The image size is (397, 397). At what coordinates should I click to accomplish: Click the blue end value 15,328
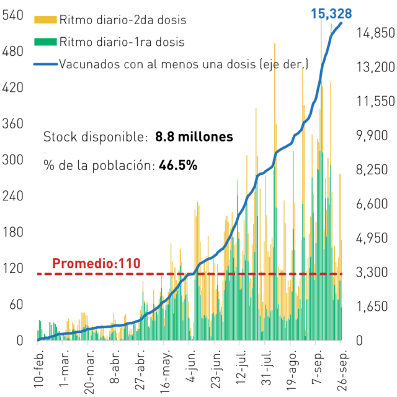click(331, 14)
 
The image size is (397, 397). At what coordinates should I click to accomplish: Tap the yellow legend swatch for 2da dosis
click(45, 20)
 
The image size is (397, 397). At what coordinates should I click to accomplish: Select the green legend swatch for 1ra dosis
click(45, 42)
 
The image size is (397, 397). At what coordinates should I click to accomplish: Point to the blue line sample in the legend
click(45, 64)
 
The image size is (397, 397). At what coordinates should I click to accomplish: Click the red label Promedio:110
click(96, 263)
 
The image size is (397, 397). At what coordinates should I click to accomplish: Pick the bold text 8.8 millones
click(194, 136)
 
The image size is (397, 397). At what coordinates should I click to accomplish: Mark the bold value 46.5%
click(178, 166)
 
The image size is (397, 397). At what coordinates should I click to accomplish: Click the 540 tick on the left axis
click(12, 15)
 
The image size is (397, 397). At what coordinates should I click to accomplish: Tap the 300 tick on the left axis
click(12, 160)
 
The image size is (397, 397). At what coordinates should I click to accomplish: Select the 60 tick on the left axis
click(16, 305)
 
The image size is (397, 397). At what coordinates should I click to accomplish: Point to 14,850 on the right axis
click(375, 33)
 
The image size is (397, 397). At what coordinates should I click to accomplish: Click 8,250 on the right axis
click(372, 169)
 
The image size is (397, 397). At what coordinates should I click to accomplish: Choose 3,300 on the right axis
click(372, 272)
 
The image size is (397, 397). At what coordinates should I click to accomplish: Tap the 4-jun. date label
click(192, 366)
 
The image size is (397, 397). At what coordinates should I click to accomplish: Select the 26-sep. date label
click(342, 370)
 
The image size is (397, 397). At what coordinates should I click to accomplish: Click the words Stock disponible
click(96, 137)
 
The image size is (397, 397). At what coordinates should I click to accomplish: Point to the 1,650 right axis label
click(372, 306)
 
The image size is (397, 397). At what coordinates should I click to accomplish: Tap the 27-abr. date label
click(140, 370)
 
